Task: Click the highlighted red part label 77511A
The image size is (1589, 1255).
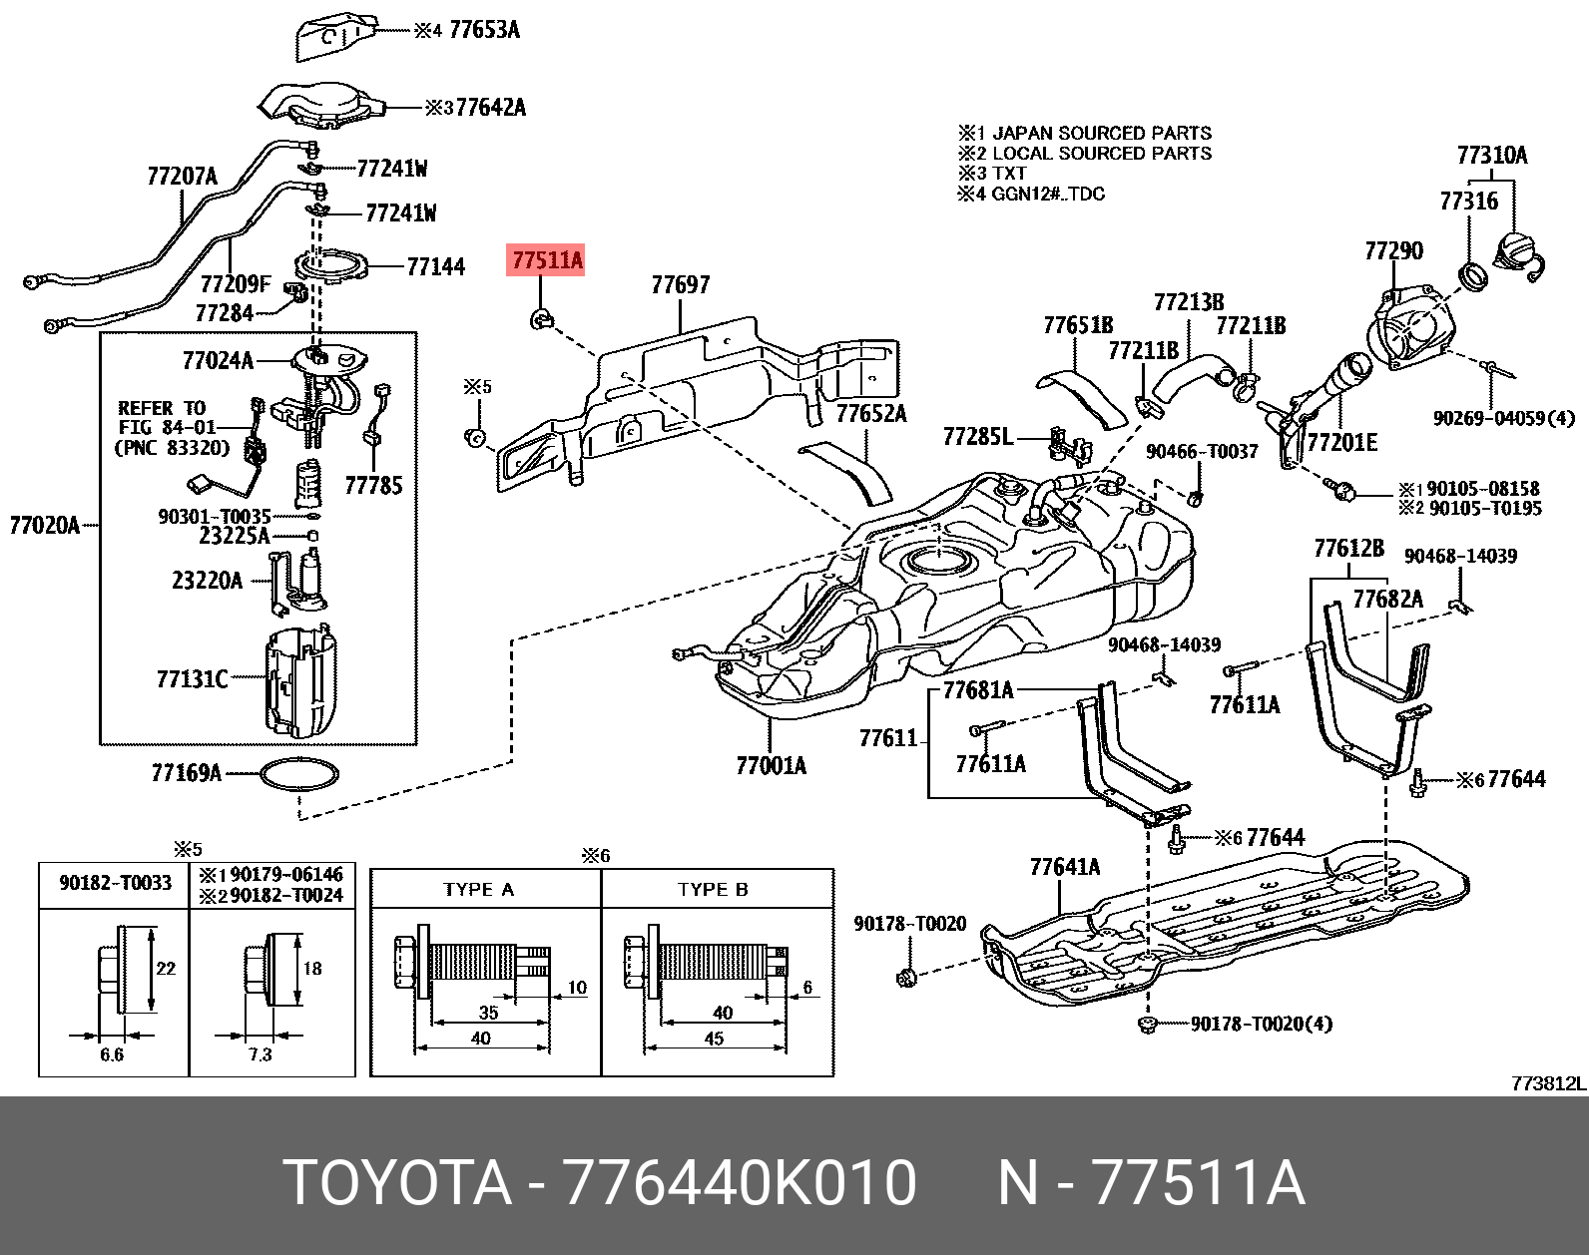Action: click(547, 261)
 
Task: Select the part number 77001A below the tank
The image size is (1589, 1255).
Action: click(771, 766)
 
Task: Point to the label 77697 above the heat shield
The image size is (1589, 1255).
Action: click(680, 285)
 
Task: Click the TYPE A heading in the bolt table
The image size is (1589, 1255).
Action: click(478, 890)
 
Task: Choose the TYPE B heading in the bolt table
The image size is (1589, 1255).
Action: click(713, 890)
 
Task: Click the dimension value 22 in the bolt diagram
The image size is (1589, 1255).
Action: click(166, 968)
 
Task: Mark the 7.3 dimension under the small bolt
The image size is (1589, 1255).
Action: click(260, 1054)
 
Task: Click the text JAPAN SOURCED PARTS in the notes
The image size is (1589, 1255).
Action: click(1101, 134)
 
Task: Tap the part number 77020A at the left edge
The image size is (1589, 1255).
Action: click(44, 525)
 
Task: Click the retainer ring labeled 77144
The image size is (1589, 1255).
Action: click(330, 266)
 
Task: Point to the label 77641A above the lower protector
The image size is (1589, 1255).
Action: click(1064, 867)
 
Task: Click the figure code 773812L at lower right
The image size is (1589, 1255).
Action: click(1548, 1083)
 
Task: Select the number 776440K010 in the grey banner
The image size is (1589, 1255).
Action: click(740, 1183)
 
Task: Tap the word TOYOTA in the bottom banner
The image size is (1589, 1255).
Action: click(397, 1183)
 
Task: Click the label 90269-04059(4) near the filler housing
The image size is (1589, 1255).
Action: click(1503, 418)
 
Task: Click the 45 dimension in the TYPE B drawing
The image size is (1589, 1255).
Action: click(714, 1039)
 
